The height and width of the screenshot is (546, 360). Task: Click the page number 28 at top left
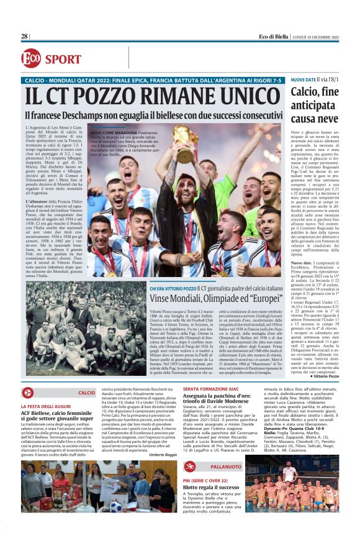tap(24, 37)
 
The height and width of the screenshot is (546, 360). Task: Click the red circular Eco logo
tap(31, 58)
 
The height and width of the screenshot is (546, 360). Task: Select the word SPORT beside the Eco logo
tap(63, 59)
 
